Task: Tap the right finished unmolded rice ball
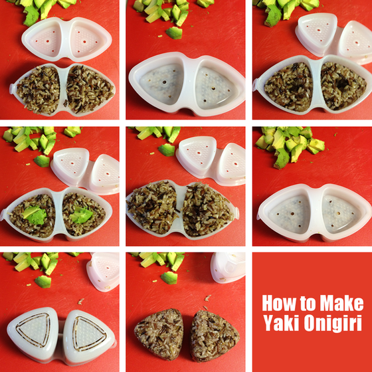click(x=214, y=335)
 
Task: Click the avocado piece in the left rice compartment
click(x=35, y=215)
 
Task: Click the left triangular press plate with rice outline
click(x=33, y=330)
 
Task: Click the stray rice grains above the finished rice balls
click(x=207, y=298)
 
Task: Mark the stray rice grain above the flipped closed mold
click(x=80, y=302)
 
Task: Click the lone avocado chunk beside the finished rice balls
click(x=169, y=278)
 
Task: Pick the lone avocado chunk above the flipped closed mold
click(x=43, y=282)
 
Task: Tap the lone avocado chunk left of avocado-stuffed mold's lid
click(x=42, y=161)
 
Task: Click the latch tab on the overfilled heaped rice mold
click(x=236, y=213)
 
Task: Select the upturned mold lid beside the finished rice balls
click(x=228, y=268)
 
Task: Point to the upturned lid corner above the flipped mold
click(x=103, y=272)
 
